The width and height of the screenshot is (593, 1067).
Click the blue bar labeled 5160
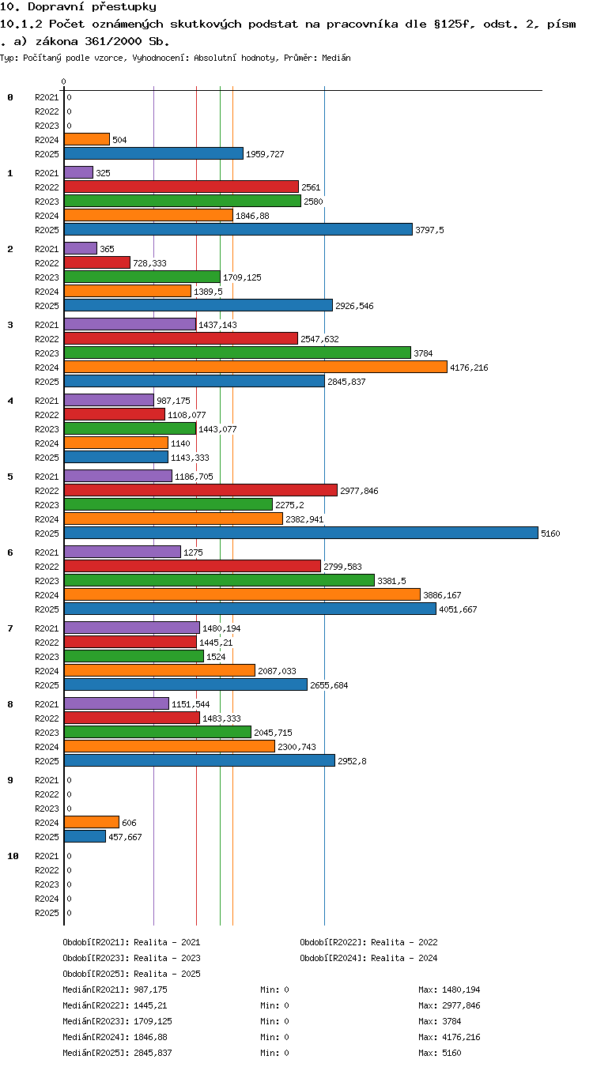[301, 533]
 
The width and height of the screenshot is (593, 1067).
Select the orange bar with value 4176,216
[255, 367]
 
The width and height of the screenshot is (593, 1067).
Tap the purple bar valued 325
[78, 172]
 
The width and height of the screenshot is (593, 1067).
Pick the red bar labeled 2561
[182, 187]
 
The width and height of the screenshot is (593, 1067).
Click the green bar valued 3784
[237, 353]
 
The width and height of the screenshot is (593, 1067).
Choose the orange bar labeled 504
[87, 139]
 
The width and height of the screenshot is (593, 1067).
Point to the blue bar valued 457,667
[85, 836]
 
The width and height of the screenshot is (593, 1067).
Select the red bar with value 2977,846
[201, 490]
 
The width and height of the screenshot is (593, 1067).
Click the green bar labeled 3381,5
[219, 580]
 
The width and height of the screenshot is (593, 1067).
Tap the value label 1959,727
[265, 154]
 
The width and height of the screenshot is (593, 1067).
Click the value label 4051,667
[458, 609]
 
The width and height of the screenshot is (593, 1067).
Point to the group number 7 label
[10, 628]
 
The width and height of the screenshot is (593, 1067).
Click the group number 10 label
[13, 856]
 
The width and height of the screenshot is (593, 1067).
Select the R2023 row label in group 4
[47, 429]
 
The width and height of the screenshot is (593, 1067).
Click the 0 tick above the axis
[63, 81]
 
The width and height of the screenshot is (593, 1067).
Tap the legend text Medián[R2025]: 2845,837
[117, 1053]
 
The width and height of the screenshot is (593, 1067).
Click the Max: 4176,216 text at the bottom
[450, 1037]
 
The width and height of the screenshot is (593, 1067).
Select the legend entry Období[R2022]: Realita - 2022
[368, 942]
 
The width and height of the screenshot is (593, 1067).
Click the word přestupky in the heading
[124, 6]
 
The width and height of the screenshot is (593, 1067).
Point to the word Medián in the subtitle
[336, 58]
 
